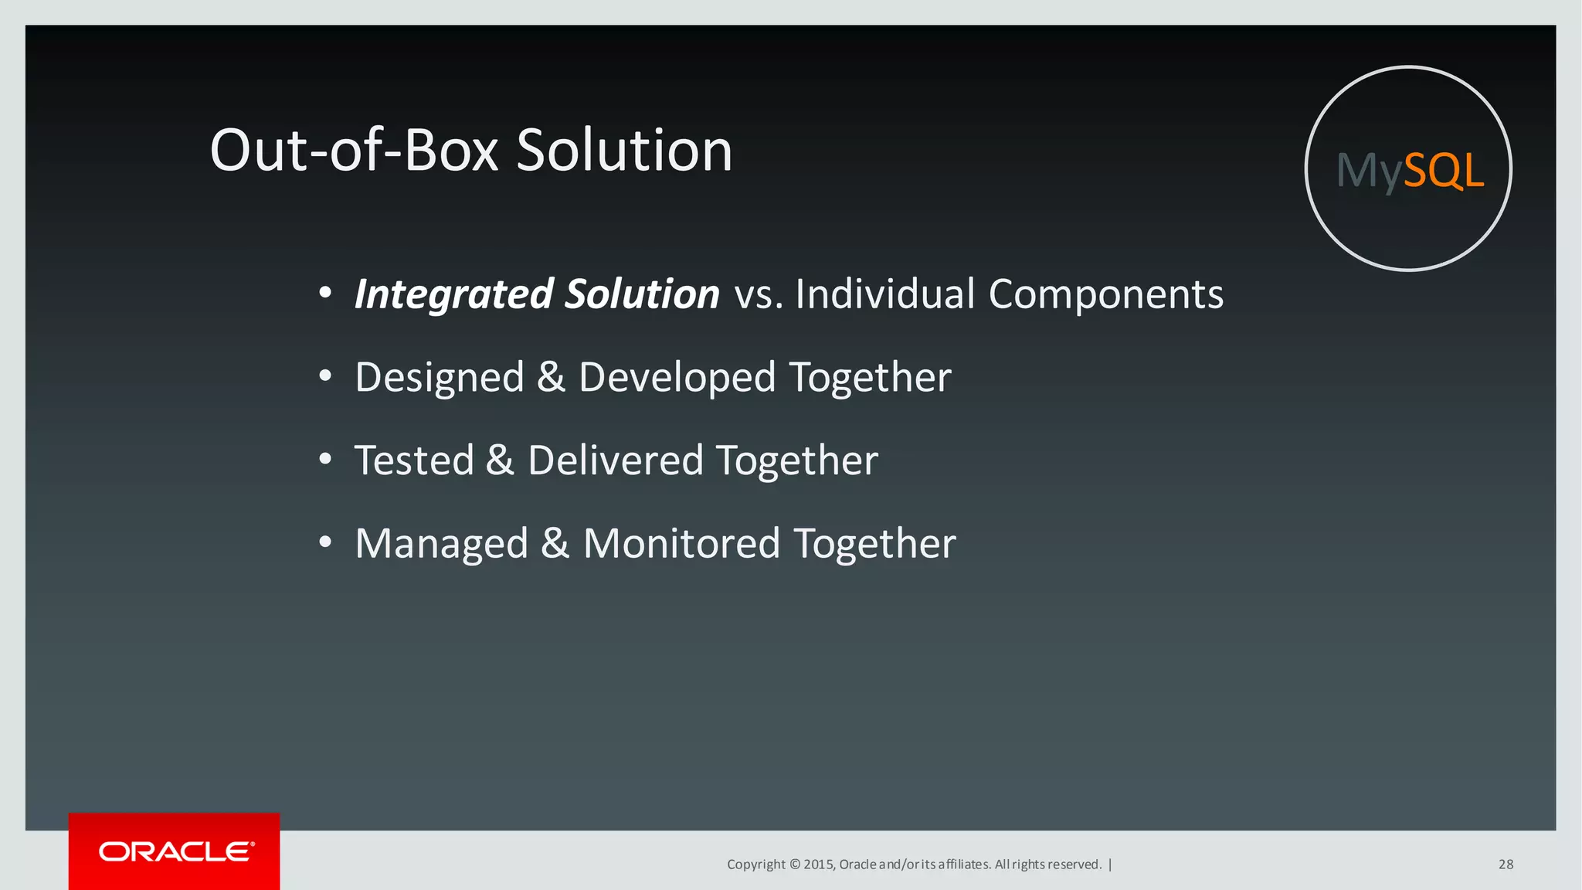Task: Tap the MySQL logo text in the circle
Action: point(1409,170)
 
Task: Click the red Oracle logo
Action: point(175,851)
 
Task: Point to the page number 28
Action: point(1506,865)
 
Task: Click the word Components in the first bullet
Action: point(1105,294)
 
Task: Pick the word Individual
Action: point(885,294)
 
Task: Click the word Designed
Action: point(440,378)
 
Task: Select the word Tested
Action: point(414,460)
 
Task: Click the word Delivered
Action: point(616,460)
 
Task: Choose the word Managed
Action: point(442,544)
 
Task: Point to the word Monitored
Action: point(681,544)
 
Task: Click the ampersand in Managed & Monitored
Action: point(555,544)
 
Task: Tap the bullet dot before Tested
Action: point(325,460)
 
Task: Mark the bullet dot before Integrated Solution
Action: point(325,293)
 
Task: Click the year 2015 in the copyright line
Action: point(818,865)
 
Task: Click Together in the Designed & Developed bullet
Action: point(870,378)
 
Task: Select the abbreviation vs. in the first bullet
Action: point(759,294)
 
